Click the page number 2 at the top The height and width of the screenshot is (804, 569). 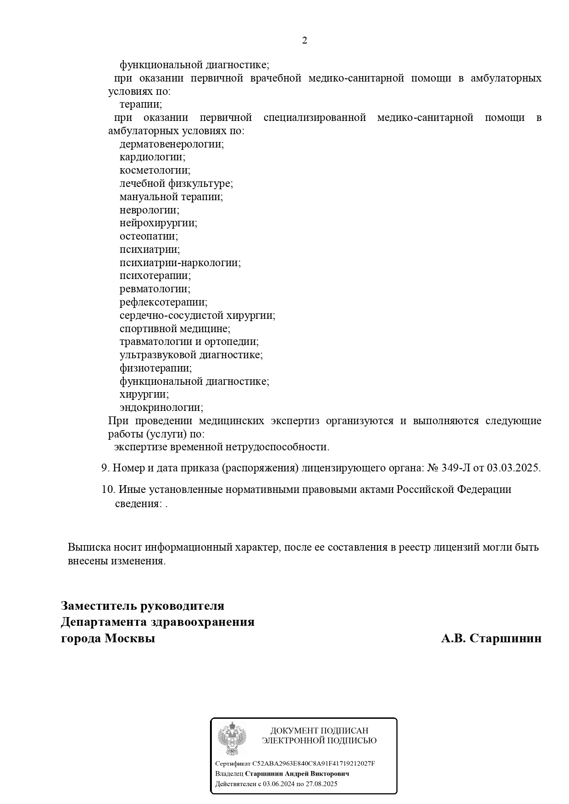coord(304,41)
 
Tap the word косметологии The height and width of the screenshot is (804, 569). coord(155,170)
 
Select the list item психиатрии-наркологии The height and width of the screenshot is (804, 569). coord(180,263)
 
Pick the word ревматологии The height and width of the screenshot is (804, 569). coord(155,289)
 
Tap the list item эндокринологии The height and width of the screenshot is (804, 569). coord(161,408)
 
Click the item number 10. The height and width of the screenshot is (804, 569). coord(108,489)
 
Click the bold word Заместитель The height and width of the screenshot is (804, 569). coord(99,606)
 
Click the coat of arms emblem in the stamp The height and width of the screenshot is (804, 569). coord(232,738)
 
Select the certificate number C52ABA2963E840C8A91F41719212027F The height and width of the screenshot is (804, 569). coord(314,764)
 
